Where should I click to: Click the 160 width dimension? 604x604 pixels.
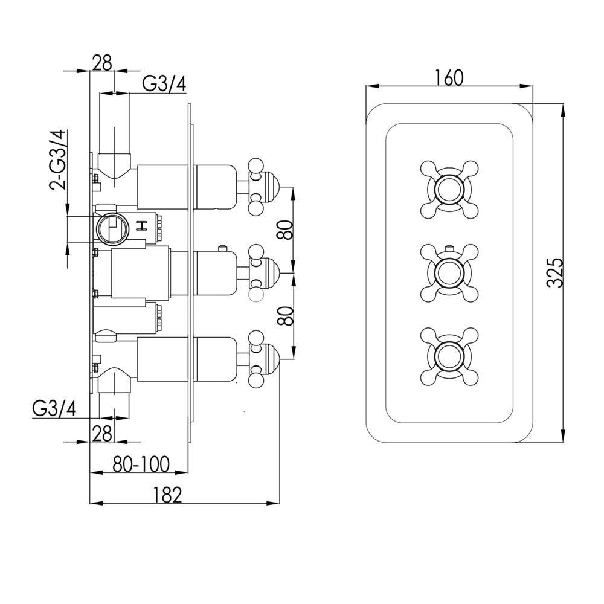449,77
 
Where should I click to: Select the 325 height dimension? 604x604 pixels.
556,273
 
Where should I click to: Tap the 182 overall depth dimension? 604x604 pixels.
167,495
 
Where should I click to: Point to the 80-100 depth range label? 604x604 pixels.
141,464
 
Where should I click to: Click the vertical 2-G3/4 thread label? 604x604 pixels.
59,160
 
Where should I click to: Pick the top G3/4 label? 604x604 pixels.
164,83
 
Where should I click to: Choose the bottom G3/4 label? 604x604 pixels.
54,408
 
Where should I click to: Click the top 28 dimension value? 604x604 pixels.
102,63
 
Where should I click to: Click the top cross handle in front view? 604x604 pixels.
449,189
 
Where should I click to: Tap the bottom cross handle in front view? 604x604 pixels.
449,356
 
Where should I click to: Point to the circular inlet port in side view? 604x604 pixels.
111,228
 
